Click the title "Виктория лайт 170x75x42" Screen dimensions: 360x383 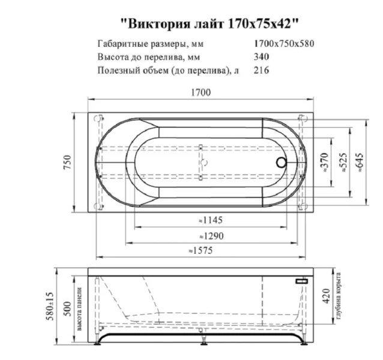tap(210, 23)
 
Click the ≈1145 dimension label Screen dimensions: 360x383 tap(211, 220)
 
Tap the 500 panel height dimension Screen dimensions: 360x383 tap(68, 309)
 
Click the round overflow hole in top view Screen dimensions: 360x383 tap(280, 161)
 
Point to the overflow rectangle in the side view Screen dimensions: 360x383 tap(301, 281)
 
